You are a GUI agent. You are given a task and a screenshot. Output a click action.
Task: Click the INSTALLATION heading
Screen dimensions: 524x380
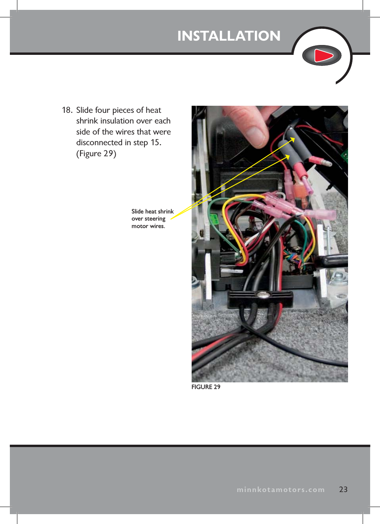[229, 36]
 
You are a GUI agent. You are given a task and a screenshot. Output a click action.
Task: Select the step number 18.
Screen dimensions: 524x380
[67, 110]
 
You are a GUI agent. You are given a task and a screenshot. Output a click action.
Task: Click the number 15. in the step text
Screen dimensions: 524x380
[156, 142]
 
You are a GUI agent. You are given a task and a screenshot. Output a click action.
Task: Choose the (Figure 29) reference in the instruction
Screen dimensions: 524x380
[96, 153]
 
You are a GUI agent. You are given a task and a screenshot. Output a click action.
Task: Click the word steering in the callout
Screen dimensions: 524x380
[155, 219]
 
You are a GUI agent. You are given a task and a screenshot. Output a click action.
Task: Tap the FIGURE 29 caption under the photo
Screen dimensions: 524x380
[206, 387]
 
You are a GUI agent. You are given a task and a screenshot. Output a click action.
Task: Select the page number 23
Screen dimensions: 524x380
[343, 489]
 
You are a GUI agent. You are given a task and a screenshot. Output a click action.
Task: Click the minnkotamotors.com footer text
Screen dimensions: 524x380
[281, 490]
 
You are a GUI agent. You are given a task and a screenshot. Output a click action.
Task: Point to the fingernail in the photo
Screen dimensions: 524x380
[256, 134]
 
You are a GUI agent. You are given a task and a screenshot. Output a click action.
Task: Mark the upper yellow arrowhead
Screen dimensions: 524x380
[293, 139]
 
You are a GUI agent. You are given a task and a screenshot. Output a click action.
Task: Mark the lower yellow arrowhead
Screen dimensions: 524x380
[287, 157]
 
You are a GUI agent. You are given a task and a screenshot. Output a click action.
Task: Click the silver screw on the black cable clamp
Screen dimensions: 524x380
[260, 294]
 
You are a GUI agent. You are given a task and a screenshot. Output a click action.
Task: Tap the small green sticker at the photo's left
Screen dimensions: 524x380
[214, 218]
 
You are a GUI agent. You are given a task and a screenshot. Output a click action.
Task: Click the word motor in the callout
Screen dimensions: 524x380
[140, 226]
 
